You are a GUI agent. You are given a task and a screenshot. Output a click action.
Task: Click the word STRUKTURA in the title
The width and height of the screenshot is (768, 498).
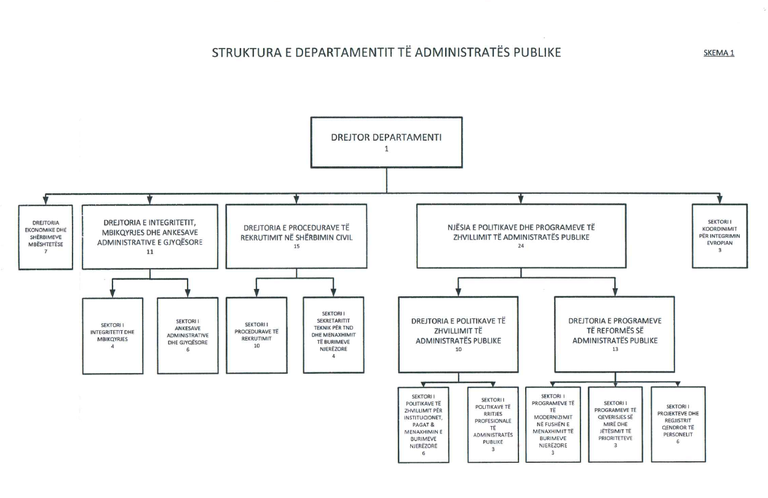pyautogui.click(x=240, y=53)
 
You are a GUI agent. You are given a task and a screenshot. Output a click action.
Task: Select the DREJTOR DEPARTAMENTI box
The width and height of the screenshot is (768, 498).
pyautogui.click(x=386, y=142)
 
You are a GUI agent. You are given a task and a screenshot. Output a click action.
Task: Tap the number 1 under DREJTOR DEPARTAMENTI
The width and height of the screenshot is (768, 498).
pyautogui.click(x=386, y=149)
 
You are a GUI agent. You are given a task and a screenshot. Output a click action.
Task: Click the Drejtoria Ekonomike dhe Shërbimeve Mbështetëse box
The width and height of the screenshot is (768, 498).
pyautogui.click(x=46, y=237)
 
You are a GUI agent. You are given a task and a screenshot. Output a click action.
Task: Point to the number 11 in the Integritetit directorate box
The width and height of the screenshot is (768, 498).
pyautogui.click(x=150, y=253)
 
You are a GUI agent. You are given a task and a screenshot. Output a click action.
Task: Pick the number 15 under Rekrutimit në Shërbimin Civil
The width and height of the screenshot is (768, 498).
pyautogui.click(x=296, y=246)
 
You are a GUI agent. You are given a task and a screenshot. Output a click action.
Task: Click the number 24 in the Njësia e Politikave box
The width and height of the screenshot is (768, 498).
pyautogui.click(x=521, y=246)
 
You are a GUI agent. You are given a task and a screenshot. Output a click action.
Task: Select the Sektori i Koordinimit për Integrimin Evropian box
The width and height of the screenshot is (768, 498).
pyautogui.click(x=719, y=235)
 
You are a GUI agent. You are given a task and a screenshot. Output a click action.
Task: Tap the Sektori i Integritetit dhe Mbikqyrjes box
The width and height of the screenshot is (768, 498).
pyautogui.click(x=113, y=336)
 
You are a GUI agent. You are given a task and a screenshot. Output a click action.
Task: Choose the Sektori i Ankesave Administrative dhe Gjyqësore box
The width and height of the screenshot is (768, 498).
pyautogui.click(x=187, y=336)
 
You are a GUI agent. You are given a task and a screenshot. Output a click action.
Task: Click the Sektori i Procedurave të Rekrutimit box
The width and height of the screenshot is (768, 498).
pyautogui.click(x=256, y=335)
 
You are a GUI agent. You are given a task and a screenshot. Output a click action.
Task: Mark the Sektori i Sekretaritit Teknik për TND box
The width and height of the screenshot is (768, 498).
pyautogui.click(x=333, y=335)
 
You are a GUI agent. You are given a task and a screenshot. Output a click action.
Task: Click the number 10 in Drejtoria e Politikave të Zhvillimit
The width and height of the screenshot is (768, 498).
pyautogui.click(x=458, y=350)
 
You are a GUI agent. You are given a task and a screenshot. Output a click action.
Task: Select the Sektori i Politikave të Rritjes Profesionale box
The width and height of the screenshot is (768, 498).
pyautogui.click(x=493, y=424)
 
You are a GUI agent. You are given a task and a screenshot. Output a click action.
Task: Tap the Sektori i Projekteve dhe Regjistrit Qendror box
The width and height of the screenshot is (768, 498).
pyautogui.click(x=678, y=424)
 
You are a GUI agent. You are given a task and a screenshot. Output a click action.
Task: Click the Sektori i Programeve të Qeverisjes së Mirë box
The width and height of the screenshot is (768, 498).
pyautogui.click(x=615, y=424)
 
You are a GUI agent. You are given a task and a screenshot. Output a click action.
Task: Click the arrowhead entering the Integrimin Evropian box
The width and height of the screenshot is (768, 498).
pyautogui.click(x=719, y=200)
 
